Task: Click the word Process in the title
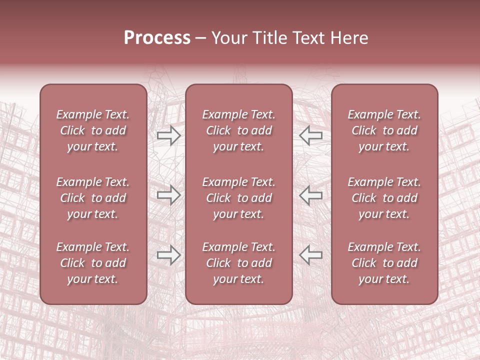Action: tap(157, 38)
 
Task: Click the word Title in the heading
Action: tap(270, 38)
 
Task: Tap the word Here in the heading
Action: tap(349, 38)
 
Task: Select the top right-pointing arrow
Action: tap(169, 135)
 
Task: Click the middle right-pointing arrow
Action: tap(169, 195)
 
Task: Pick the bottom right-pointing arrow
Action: tap(169, 255)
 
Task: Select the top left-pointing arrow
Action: tap(311, 135)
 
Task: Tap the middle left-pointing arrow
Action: tap(311, 195)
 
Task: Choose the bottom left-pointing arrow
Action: tap(311, 255)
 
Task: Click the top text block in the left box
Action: tap(93, 130)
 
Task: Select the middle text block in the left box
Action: tap(93, 198)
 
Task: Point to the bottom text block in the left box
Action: tap(93, 263)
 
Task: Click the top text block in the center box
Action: tap(238, 130)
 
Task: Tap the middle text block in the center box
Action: tap(238, 198)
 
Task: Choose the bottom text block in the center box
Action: tap(238, 263)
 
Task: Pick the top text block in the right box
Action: tap(384, 130)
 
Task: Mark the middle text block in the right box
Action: tap(384, 198)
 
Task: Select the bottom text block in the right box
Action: tap(384, 263)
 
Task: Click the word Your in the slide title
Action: tap(228, 38)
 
